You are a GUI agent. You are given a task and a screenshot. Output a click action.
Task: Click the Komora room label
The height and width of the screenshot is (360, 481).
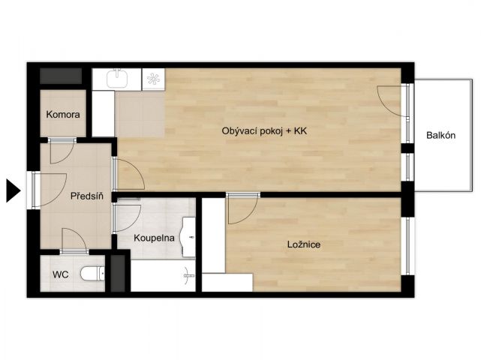[63, 115]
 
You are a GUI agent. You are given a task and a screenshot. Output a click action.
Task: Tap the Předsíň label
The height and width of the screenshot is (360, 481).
[87, 196]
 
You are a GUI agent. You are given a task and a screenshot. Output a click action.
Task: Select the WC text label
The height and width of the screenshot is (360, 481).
[61, 274]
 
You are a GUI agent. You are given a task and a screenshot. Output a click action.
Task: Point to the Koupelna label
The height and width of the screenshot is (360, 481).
[154, 238]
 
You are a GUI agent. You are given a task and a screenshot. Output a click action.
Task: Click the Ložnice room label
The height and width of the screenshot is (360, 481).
[304, 244]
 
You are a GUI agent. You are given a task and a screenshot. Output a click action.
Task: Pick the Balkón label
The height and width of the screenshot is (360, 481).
[440, 135]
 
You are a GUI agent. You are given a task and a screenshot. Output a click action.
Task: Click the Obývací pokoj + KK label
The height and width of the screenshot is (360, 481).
[264, 131]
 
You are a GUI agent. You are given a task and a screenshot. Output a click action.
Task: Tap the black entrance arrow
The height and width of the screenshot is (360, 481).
[14, 190]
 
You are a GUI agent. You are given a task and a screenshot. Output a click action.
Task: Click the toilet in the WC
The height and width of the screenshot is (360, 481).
[92, 274]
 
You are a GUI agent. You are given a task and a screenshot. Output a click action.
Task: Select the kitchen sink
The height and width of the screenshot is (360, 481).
[117, 78]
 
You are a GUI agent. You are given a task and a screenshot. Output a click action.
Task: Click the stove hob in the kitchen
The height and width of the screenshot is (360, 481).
[153, 79]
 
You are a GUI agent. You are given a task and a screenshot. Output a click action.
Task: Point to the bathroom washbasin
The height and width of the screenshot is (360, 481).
[188, 237]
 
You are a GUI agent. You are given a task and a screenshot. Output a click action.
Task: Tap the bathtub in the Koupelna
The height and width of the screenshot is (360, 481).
[163, 276]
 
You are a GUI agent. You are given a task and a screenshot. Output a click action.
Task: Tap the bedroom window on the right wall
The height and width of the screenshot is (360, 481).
[408, 246]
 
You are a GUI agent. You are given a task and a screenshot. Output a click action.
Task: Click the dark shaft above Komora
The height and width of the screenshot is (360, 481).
[61, 76]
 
